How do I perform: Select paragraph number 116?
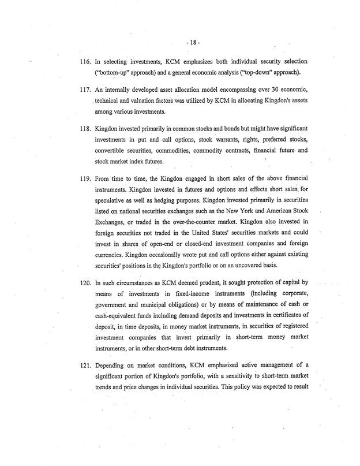pos(85,61)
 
